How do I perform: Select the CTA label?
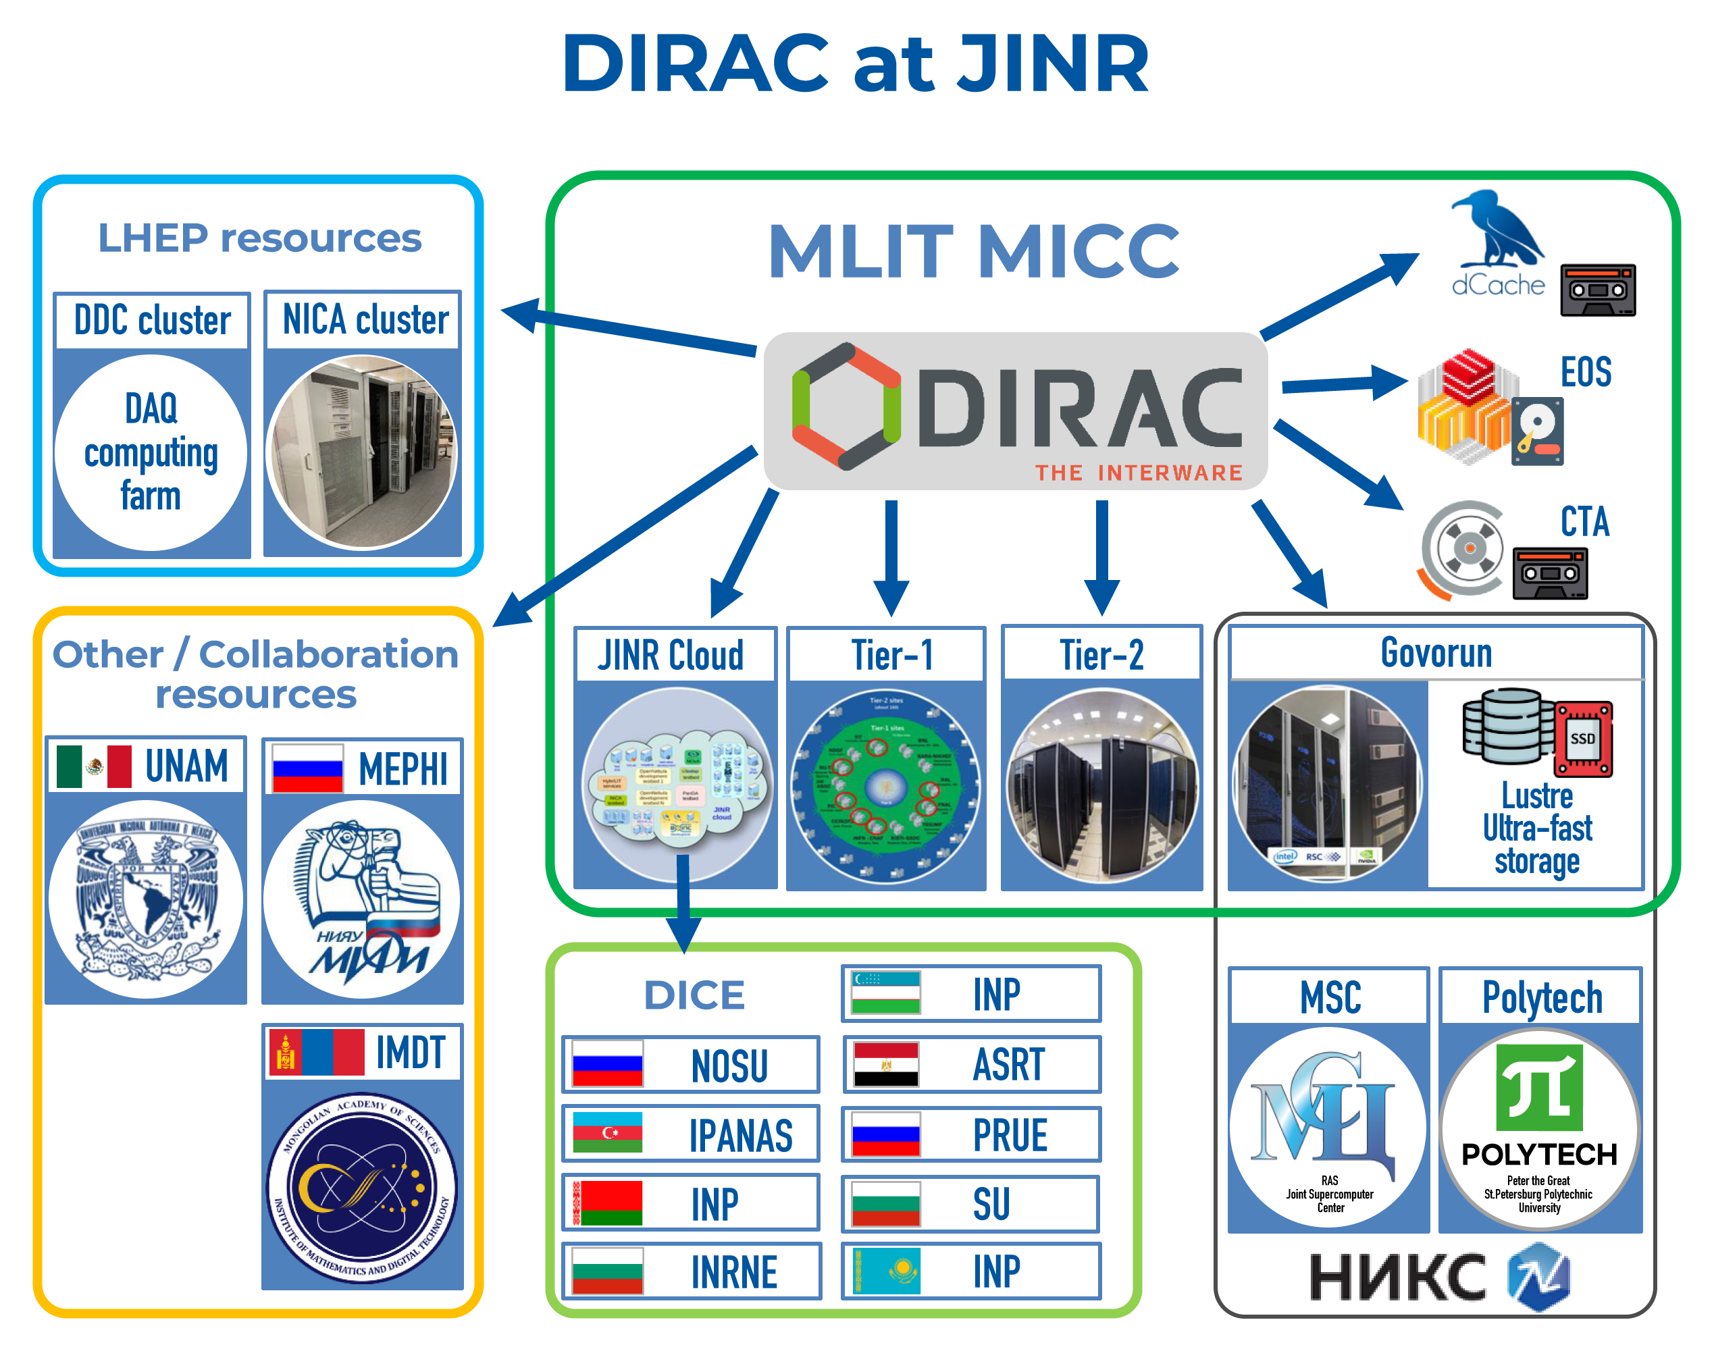coord(1584,521)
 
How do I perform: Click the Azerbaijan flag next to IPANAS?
coord(607,1133)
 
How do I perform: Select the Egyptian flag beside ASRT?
coord(886,1065)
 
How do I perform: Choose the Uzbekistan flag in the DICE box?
coord(886,993)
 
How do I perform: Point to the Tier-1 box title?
coord(891,654)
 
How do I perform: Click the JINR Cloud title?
coord(671,655)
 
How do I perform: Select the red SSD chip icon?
coord(1582,738)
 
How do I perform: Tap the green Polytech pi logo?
coord(1538,1088)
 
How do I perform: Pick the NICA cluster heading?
coord(365,320)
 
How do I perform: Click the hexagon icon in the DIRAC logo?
coord(846,406)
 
